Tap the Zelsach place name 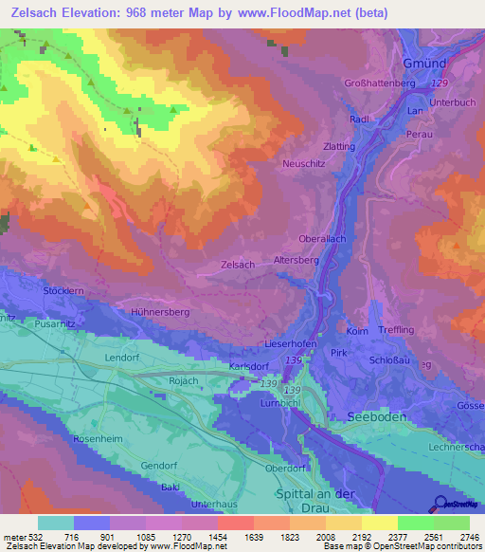pyautogui.click(x=237, y=265)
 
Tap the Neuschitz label pyautogui.click(x=304, y=164)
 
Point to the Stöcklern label pyautogui.click(x=64, y=290)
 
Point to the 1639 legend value pyautogui.click(x=236, y=538)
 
